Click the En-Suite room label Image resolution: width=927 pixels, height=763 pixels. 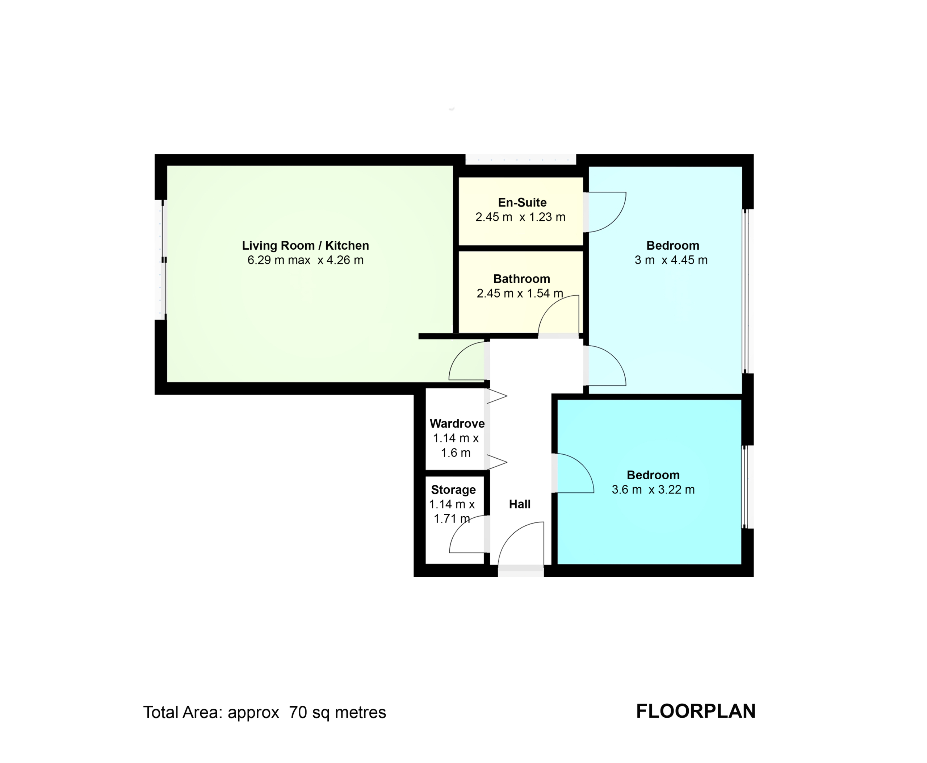pyautogui.click(x=522, y=203)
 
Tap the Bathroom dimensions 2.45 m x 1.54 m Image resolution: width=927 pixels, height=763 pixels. pyautogui.click(x=520, y=293)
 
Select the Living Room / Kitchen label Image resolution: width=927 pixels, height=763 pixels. pyautogui.click(x=305, y=245)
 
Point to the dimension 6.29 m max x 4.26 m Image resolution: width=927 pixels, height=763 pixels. pyautogui.click(x=305, y=260)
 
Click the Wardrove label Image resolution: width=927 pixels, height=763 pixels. pyautogui.click(x=457, y=423)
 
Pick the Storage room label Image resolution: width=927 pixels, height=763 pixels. pyautogui.click(x=453, y=489)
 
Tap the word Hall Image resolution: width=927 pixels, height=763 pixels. pyautogui.click(x=520, y=504)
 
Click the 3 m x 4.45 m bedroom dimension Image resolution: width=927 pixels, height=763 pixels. pyautogui.click(x=671, y=260)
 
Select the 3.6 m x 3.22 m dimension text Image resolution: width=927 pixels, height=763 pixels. pyautogui.click(x=653, y=489)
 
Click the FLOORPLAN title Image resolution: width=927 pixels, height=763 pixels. pyautogui.click(x=696, y=711)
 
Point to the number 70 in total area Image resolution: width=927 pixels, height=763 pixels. pyautogui.click(x=298, y=712)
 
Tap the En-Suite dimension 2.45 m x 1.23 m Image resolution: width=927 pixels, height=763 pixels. pyautogui.click(x=520, y=217)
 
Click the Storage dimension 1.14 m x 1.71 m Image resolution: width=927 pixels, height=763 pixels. pyautogui.click(x=452, y=512)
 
